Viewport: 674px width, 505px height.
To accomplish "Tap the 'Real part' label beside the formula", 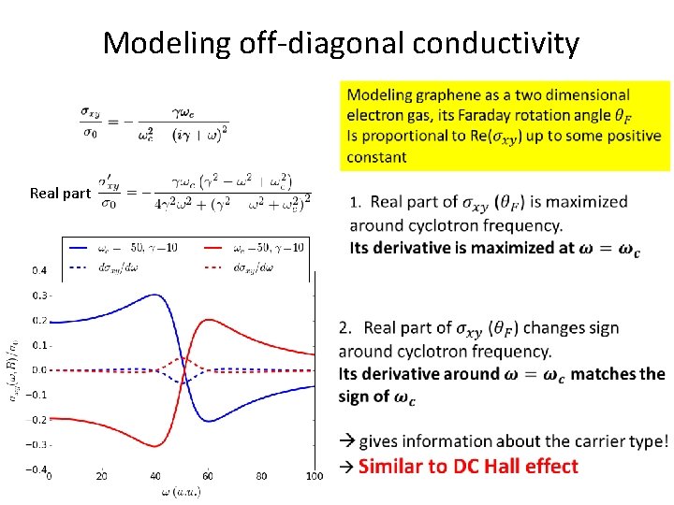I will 59,194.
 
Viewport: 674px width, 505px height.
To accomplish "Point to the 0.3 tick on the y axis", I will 40,296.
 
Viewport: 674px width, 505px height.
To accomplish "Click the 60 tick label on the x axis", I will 208,476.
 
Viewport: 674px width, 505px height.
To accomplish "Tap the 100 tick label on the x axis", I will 314,476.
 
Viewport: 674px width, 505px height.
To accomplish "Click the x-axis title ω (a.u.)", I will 181,491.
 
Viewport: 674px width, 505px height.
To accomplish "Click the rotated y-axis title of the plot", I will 13,370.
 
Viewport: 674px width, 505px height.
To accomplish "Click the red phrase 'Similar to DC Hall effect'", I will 468,466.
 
